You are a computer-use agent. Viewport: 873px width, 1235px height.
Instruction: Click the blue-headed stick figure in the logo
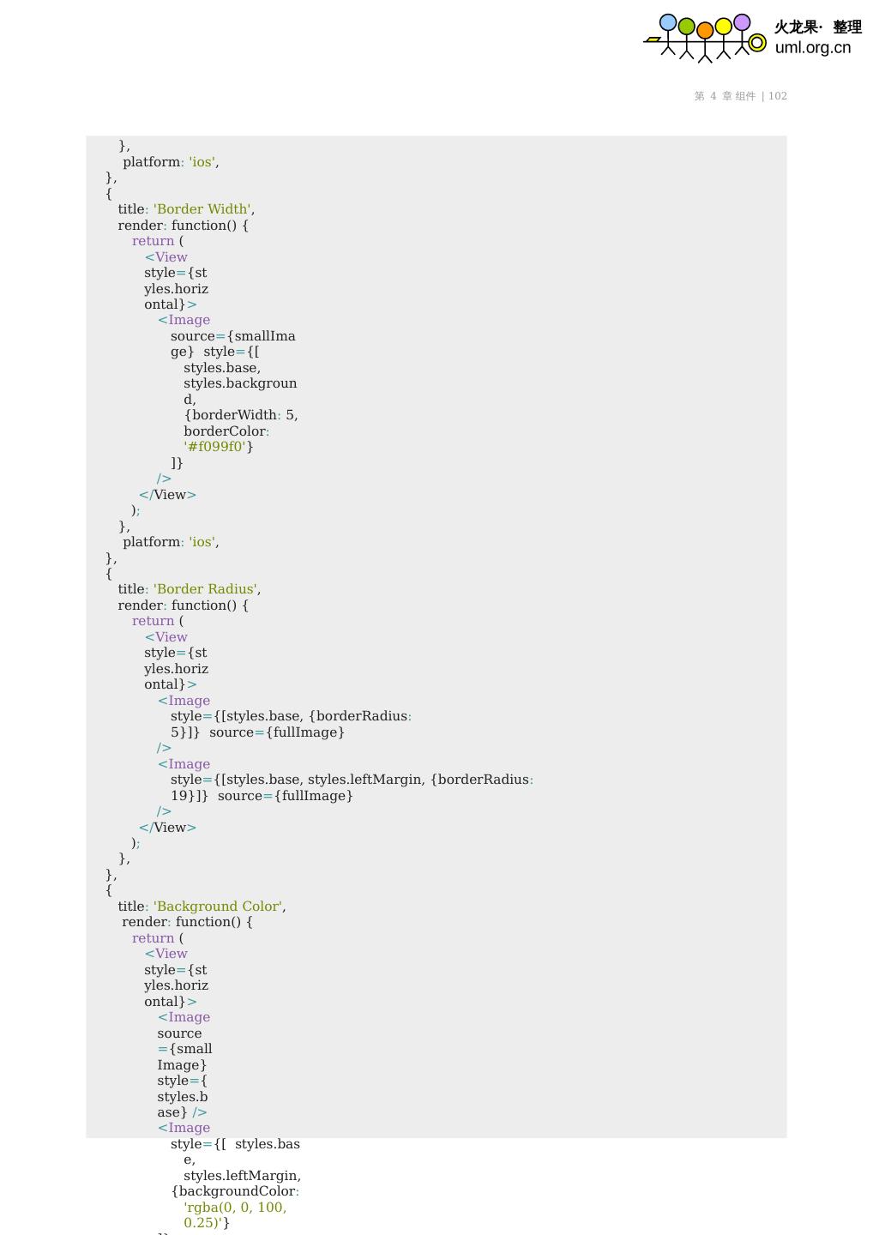[x=667, y=34]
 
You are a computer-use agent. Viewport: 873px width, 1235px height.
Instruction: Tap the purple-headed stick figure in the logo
[x=742, y=34]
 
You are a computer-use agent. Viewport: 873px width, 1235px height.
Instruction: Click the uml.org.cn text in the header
[x=812, y=48]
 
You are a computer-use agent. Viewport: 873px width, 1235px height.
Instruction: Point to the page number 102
[x=778, y=96]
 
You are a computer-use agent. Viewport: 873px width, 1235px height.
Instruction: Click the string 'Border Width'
[x=202, y=209]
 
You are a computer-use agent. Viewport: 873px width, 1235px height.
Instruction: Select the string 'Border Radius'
[x=206, y=589]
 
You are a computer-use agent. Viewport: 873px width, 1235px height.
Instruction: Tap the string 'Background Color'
[x=218, y=907]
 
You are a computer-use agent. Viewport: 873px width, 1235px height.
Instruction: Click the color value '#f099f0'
[x=215, y=447]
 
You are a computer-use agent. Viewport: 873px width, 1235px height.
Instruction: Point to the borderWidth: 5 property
[x=241, y=415]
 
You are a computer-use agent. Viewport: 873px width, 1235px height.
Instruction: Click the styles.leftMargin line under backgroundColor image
[x=242, y=1176]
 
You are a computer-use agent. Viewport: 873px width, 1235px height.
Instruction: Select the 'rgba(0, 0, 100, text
[x=235, y=1208]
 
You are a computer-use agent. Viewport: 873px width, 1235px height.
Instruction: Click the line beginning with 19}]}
[x=262, y=796]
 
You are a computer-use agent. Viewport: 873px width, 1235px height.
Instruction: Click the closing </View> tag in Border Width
[x=167, y=495]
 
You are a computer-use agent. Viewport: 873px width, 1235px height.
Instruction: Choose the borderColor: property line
[x=226, y=431]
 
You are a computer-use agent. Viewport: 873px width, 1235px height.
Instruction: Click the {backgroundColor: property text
[x=235, y=1191]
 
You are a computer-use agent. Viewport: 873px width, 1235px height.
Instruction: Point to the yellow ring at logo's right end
[x=757, y=43]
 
